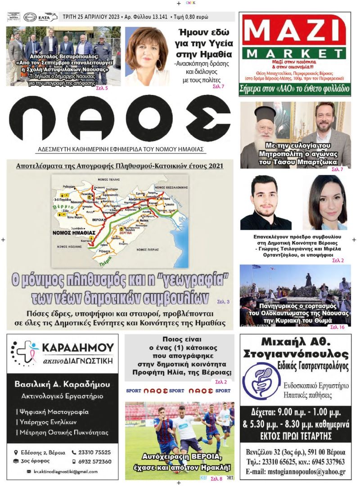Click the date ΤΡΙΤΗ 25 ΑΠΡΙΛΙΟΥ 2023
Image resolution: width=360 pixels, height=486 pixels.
click(92, 17)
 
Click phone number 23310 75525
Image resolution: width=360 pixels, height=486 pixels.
click(95, 452)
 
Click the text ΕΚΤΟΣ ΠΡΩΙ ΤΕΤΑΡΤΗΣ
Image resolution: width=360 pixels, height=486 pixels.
click(295, 435)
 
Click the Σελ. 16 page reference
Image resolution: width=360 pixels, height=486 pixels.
click(337, 327)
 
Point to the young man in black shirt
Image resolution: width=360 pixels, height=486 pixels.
click(265, 202)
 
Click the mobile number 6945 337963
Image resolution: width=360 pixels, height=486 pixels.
click(323, 462)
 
